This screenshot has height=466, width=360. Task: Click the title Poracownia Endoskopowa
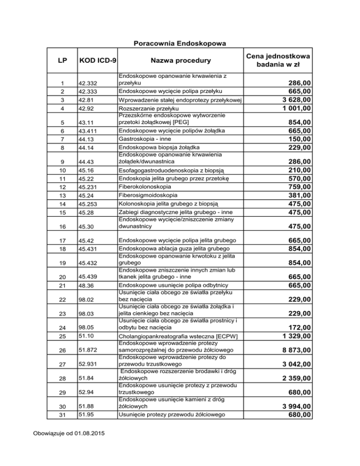180,44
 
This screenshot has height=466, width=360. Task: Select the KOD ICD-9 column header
98,60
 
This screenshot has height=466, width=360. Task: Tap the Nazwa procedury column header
180,60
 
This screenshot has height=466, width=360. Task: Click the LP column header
62,60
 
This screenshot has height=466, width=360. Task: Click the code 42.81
87,100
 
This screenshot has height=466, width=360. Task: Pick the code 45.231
89,187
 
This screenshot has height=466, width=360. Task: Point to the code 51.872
89,350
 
